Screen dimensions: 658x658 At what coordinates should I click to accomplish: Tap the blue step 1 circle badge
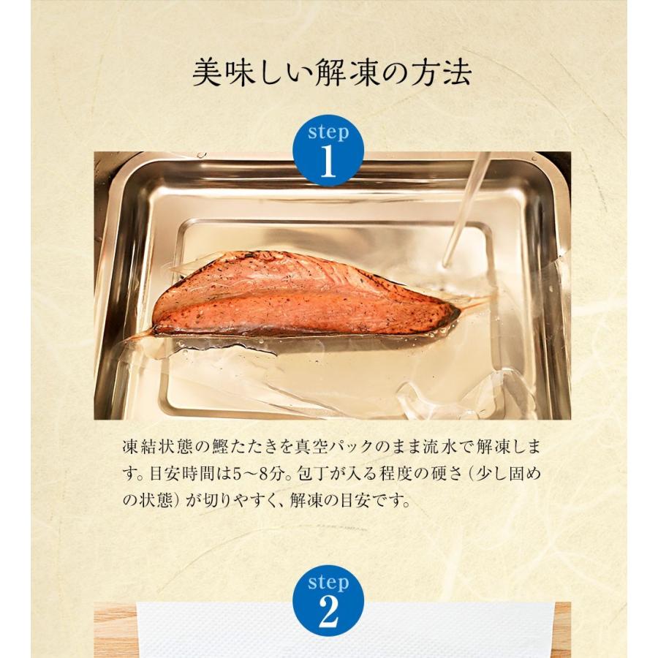click(328, 151)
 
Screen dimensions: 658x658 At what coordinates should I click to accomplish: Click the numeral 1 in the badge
click(328, 163)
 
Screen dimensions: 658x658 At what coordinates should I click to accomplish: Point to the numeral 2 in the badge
click(328, 613)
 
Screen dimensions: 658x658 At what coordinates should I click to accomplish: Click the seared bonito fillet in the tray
click(300, 296)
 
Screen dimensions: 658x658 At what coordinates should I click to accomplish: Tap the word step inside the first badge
click(328, 132)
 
